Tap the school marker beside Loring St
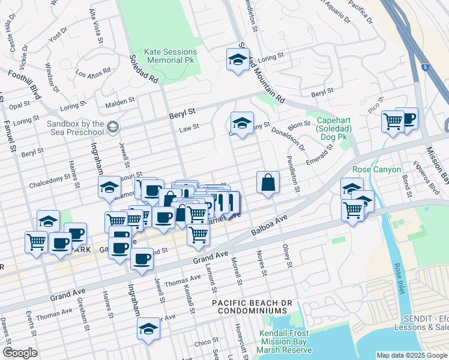pos(238,60)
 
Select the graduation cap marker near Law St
pos(242,124)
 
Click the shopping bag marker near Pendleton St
pos(268,182)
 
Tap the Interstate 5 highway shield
pos(425,67)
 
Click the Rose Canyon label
pos(376,170)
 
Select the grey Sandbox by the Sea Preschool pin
pos(113,127)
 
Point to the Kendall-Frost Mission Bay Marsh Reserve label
pos(286,341)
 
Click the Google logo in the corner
pos(20,353)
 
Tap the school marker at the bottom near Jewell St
pos(148,329)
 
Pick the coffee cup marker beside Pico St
pos(407,119)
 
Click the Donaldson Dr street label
pos(288,139)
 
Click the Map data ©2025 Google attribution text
pos(411,355)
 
